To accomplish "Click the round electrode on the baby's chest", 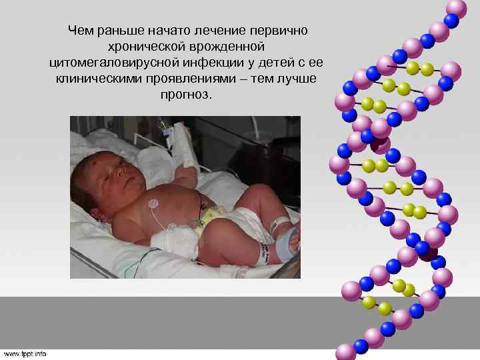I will (x=153, y=202).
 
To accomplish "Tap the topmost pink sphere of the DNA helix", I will (x=455, y=8).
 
